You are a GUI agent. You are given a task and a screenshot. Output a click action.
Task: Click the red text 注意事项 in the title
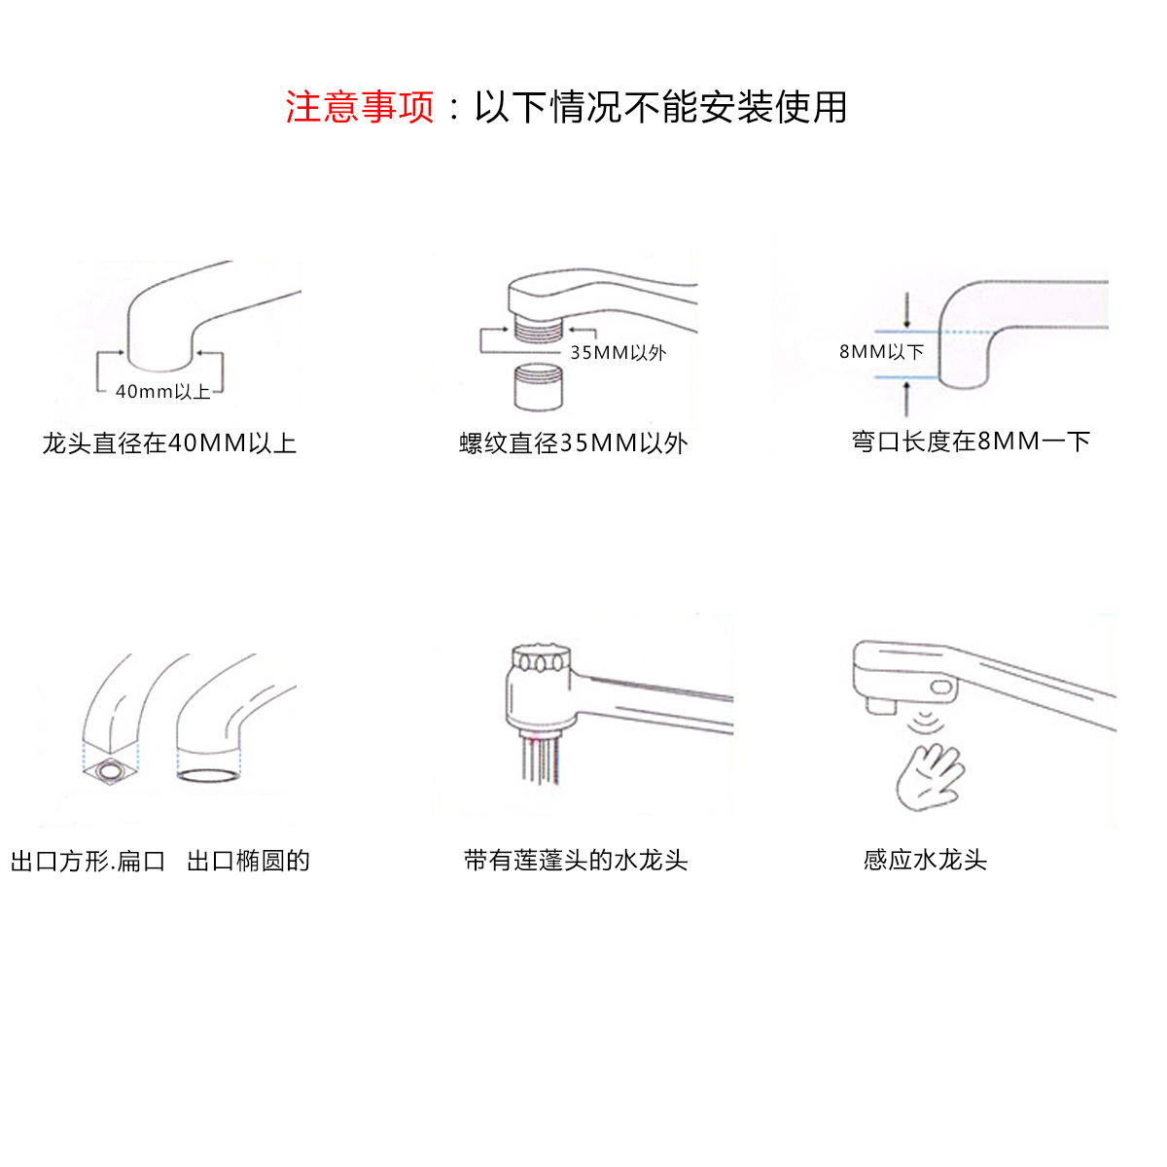click(360, 107)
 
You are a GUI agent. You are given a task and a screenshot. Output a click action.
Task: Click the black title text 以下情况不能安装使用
click(660, 107)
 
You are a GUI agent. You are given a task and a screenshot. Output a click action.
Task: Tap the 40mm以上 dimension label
click(162, 392)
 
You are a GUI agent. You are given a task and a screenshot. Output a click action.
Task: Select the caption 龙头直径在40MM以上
click(169, 443)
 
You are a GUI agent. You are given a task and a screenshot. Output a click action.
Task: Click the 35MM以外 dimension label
click(618, 353)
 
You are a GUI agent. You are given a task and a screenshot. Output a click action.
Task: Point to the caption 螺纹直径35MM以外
click(574, 443)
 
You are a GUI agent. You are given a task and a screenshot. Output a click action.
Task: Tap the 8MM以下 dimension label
click(881, 352)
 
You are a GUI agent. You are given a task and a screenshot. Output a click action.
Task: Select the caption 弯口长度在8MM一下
click(971, 442)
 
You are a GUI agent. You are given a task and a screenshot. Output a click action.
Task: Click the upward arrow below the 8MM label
click(907, 397)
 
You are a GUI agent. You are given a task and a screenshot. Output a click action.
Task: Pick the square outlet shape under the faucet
click(110, 772)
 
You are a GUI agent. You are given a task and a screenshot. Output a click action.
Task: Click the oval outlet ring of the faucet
click(207, 775)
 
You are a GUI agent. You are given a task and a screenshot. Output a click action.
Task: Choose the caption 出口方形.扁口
click(88, 861)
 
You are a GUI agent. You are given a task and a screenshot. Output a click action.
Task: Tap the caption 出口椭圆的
click(248, 861)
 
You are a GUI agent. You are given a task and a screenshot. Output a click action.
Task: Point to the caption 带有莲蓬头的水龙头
click(576, 861)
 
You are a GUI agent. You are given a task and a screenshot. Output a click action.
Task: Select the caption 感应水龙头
click(925, 860)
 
